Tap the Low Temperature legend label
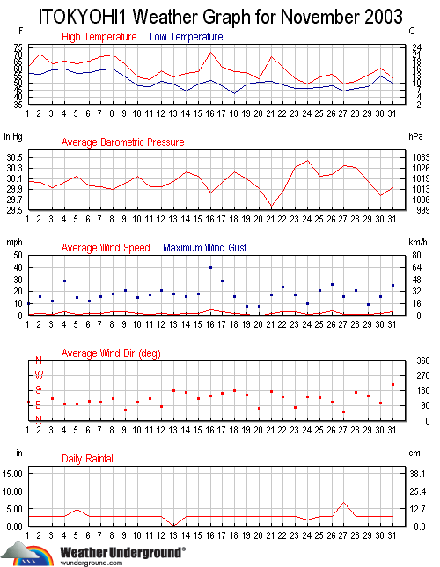(186, 37)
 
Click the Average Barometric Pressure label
(122, 142)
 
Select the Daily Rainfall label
(88, 459)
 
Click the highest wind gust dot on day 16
(210, 267)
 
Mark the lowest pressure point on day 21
(271, 207)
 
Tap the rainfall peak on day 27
(344, 503)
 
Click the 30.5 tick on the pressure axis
(13, 156)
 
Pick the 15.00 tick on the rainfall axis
(12, 473)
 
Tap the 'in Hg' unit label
(13, 136)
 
